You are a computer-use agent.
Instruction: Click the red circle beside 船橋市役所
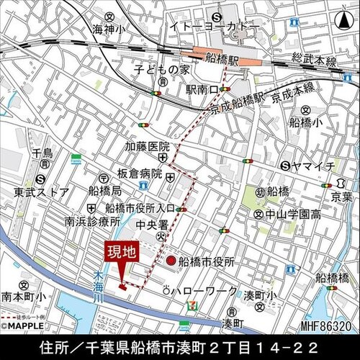coord(171,260)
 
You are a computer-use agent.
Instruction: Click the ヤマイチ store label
coord(314,166)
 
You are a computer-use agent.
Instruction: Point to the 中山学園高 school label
coord(292,214)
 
